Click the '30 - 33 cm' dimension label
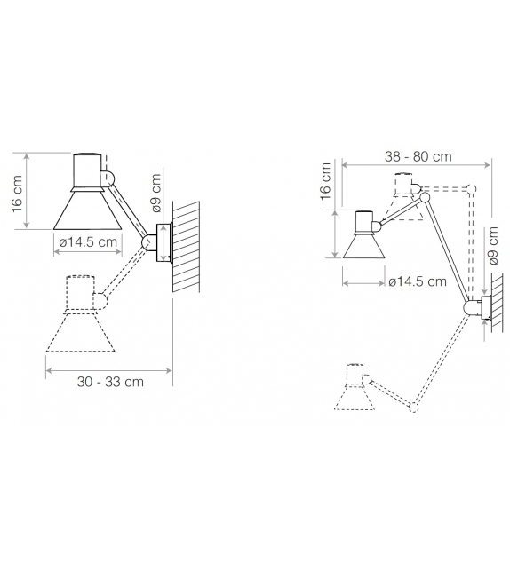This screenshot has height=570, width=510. pos(111,382)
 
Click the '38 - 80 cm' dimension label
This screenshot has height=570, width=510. pos(418,156)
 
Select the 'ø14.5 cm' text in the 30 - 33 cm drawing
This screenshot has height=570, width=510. pos(88,242)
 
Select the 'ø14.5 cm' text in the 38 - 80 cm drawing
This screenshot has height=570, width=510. pos(418,282)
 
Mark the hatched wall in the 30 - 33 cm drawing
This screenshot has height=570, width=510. pos(187,246)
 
